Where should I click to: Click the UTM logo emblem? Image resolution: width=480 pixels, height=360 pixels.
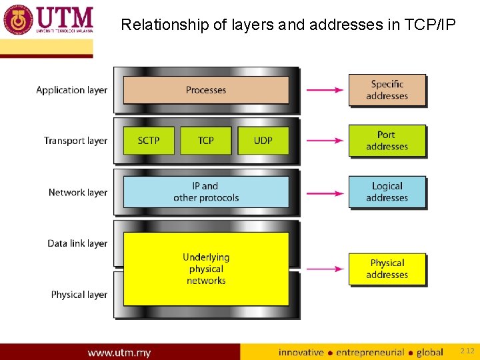pyautogui.click(x=19, y=19)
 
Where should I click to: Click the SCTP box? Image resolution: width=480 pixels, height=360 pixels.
pyautogui.click(x=149, y=141)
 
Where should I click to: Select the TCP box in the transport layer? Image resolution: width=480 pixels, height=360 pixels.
pyautogui.click(x=206, y=141)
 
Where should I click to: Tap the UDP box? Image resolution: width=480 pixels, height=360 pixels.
pyautogui.click(x=263, y=141)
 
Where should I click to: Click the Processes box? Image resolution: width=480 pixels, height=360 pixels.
pyautogui.click(x=206, y=90)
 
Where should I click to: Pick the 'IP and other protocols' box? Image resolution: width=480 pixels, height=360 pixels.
pyautogui.click(x=206, y=192)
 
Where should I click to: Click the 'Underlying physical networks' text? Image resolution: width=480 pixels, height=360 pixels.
pyautogui.click(x=206, y=269)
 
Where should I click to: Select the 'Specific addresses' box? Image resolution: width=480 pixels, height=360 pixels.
pyautogui.click(x=387, y=90)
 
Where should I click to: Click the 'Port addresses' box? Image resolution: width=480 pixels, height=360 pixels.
pyautogui.click(x=387, y=141)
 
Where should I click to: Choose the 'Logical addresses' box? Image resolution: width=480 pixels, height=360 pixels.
pyautogui.click(x=387, y=192)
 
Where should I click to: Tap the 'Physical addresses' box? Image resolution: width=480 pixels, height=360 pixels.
pyautogui.click(x=387, y=269)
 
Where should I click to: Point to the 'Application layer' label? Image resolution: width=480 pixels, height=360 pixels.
pyautogui.click(x=71, y=90)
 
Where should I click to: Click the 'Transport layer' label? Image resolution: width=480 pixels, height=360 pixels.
pyautogui.click(x=75, y=141)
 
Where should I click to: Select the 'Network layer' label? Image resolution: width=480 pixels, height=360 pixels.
pyautogui.click(x=77, y=193)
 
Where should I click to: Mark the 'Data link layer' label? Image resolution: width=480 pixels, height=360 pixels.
pyautogui.click(x=77, y=243)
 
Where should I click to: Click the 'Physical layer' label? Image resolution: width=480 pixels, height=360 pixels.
pyautogui.click(x=79, y=295)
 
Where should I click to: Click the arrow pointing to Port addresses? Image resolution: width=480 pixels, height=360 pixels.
pyautogui.click(x=324, y=141)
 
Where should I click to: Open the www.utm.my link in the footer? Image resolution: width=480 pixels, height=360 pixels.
pyautogui.click(x=119, y=352)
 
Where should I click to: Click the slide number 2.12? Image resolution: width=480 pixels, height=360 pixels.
pyautogui.click(x=467, y=351)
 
